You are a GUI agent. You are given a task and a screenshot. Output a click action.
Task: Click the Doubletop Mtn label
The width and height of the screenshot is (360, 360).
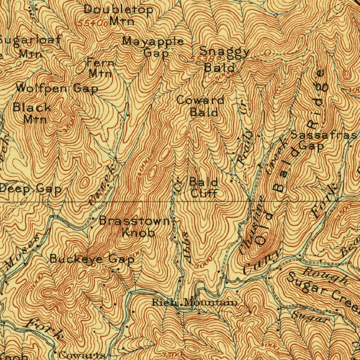click(118, 15)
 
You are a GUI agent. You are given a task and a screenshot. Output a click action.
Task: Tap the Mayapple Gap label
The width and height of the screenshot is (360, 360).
click(153, 47)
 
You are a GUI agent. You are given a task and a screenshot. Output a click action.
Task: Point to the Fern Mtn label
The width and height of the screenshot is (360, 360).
click(101, 68)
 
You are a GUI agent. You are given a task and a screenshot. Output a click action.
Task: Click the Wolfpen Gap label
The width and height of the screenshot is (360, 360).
click(57, 88)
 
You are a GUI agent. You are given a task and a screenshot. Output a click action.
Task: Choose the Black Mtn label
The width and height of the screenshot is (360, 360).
click(33, 113)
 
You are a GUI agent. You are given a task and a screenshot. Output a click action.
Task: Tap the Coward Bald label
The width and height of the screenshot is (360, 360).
click(201, 106)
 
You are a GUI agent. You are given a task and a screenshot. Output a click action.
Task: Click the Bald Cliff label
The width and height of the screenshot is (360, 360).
click(204, 187)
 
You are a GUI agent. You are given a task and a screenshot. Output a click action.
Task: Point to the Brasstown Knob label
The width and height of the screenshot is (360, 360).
click(135, 227)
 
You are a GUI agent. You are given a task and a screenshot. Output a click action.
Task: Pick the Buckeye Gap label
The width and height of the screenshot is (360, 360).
click(92, 259)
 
